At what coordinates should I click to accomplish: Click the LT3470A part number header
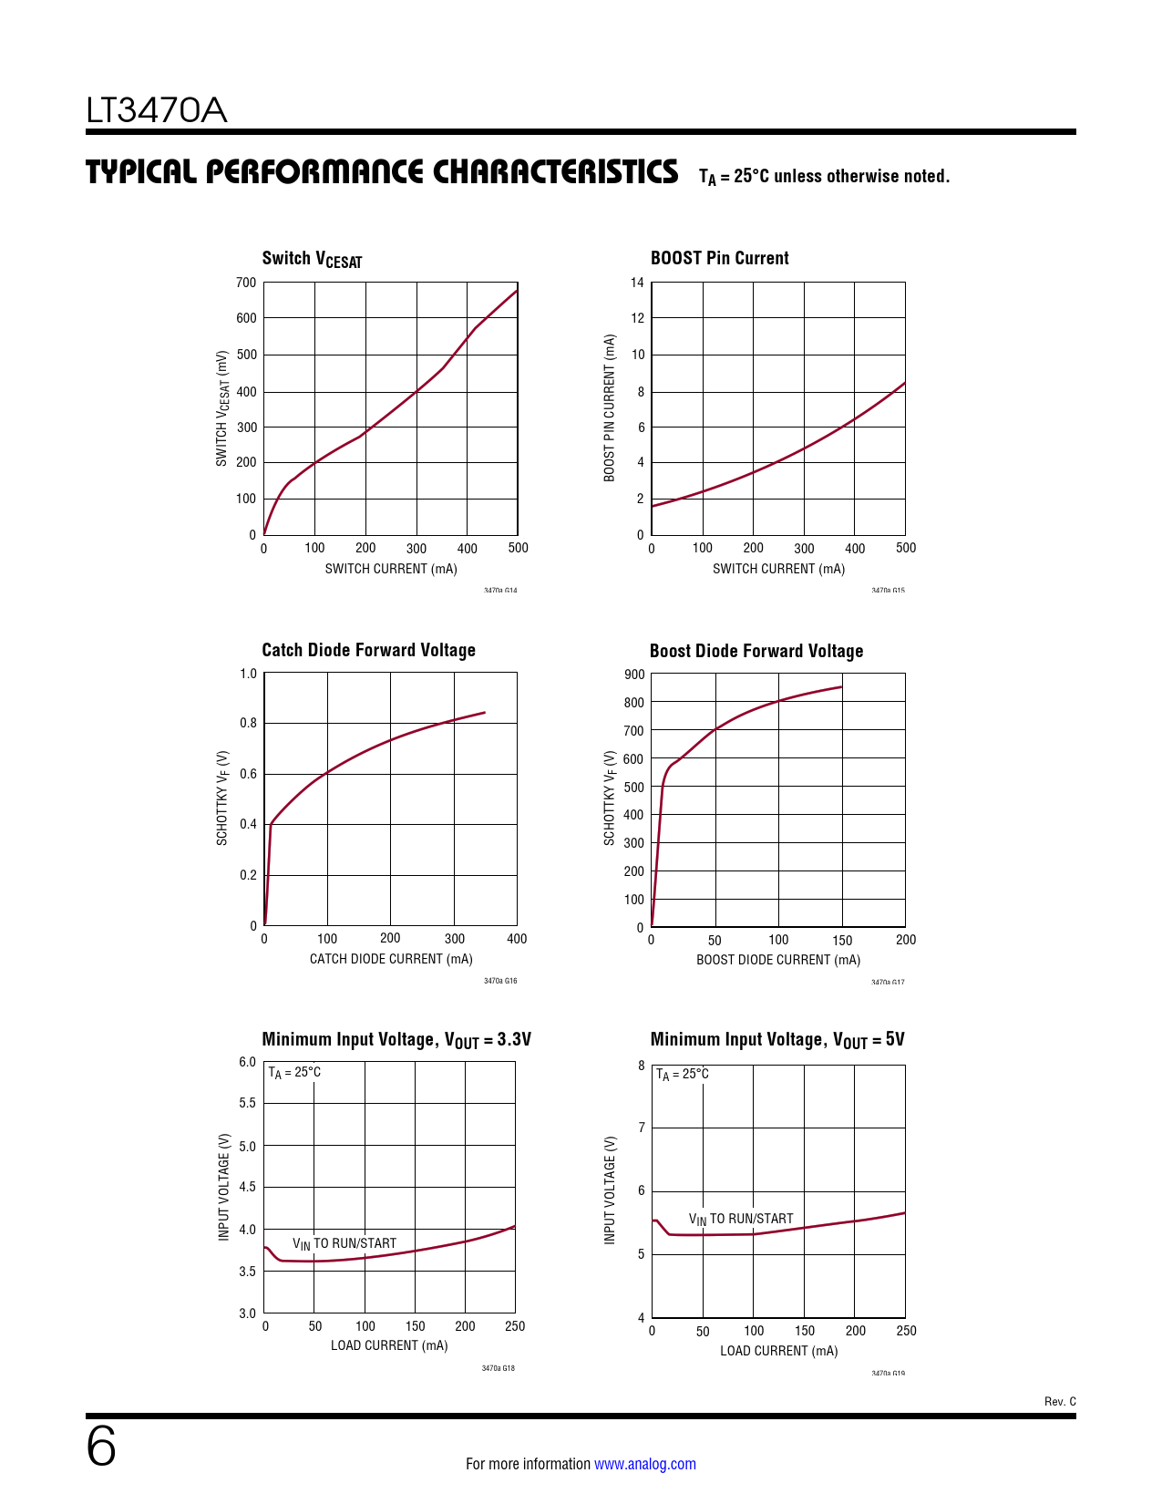click(156, 111)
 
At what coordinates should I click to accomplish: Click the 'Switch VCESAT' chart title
click(312, 259)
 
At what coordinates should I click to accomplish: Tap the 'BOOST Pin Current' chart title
click(719, 258)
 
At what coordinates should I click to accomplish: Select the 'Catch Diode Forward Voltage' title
click(368, 650)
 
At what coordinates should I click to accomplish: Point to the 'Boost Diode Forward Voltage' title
click(756, 651)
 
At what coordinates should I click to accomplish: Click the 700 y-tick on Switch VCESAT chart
click(246, 283)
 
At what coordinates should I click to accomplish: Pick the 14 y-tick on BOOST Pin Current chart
click(637, 283)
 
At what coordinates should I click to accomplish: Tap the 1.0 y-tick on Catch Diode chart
click(248, 674)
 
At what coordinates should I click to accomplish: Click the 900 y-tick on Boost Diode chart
click(634, 675)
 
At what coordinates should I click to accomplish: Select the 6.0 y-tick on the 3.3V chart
click(247, 1062)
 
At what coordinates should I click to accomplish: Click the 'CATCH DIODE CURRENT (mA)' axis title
click(391, 959)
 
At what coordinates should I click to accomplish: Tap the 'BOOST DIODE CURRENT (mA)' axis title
click(778, 960)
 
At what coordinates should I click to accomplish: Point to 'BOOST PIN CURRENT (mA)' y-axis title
click(610, 407)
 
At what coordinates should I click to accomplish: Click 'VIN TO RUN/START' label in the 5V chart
click(740, 1219)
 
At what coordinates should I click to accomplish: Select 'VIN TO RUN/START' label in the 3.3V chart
click(344, 1243)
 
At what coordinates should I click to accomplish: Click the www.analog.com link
click(644, 1464)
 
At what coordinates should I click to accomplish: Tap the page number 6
click(101, 1447)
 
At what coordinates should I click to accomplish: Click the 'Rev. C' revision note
click(1059, 1401)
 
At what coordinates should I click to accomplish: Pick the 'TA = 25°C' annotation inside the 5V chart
click(682, 1075)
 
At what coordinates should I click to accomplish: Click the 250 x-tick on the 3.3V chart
click(515, 1326)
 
